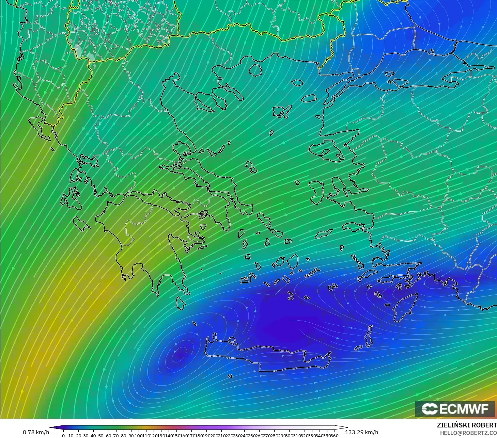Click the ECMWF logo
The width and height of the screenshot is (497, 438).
click(455, 409)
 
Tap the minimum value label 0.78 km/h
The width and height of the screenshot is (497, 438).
click(36, 432)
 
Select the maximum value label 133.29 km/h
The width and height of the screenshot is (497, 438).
click(361, 432)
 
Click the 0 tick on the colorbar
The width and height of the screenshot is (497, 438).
click(63, 436)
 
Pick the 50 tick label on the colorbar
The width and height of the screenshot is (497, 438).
click(101, 436)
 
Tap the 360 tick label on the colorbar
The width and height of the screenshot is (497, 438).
click(334, 436)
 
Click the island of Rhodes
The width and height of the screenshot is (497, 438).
click(405, 306)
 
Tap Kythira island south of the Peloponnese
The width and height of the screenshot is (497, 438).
click(181, 303)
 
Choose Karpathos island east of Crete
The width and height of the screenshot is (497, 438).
click(368, 336)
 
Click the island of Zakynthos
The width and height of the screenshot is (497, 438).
click(82, 223)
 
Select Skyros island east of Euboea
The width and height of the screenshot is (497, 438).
click(251, 167)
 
